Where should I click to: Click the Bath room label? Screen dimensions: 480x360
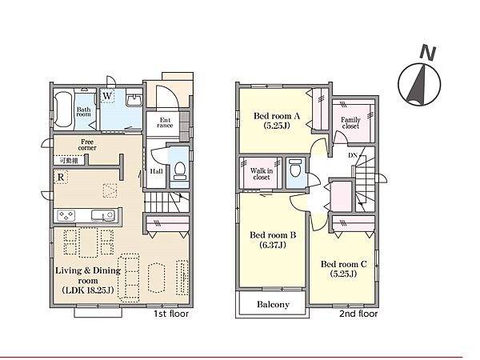pyautogui.click(x=83, y=112)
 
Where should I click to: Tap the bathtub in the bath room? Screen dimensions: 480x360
pyautogui.click(x=63, y=110)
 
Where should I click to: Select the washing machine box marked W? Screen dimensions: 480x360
pyautogui.click(x=107, y=96)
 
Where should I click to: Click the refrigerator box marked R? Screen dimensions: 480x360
pyautogui.click(x=61, y=177)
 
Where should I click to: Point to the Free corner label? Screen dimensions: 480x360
pyautogui.click(x=87, y=145)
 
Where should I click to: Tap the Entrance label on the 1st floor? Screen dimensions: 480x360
pyautogui.click(x=165, y=122)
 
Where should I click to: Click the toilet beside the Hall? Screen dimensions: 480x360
pyautogui.click(x=180, y=170)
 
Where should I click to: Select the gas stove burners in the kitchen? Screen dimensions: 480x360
pyautogui.click(x=66, y=215)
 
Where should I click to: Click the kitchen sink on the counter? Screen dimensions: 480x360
pyautogui.click(x=103, y=215)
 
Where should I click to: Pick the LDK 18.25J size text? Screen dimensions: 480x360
pyautogui.click(x=88, y=290)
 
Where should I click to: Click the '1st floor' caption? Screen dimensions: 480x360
pyautogui.click(x=171, y=314)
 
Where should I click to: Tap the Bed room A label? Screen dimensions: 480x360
pyautogui.click(x=277, y=116)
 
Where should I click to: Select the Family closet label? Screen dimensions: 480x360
pyautogui.click(x=351, y=122)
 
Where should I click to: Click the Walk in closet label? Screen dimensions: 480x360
pyautogui.click(x=262, y=174)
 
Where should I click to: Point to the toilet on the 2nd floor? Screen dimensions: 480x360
pyautogui.click(x=295, y=168)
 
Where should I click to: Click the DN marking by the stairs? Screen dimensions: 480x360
pyautogui.click(x=353, y=155)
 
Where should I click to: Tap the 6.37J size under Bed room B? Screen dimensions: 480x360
pyautogui.click(x=273, y=245)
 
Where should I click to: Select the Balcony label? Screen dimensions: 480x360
pyautogui.click(x=273, y=305)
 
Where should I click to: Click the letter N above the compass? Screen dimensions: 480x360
pyautogui.click(x=428, y=52)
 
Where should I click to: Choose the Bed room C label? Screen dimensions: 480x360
pyautogui.click(x=343, y=264)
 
